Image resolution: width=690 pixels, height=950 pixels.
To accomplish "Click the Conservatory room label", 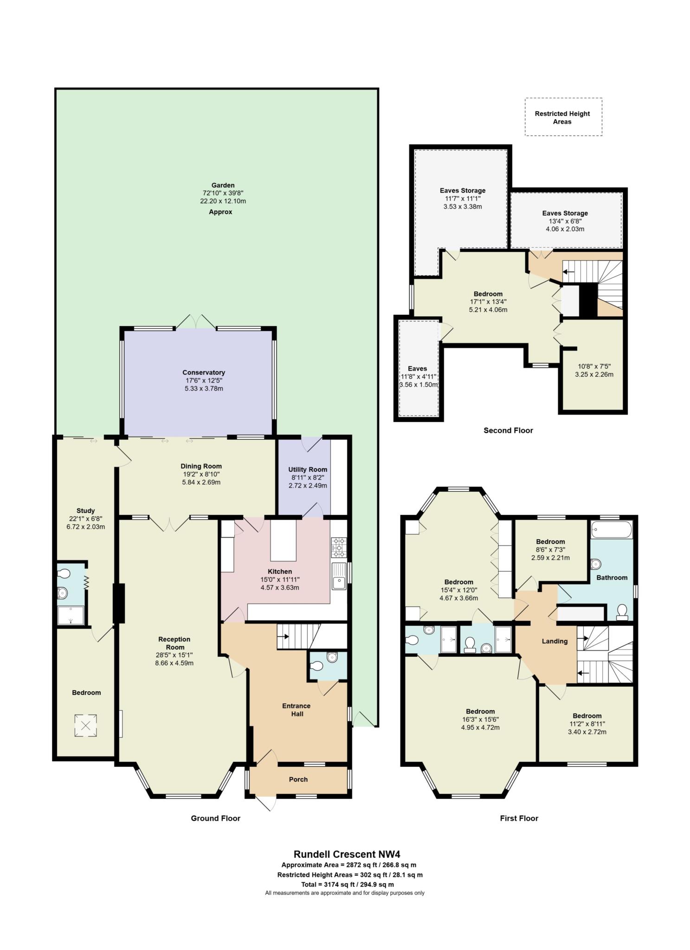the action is coord(204,372).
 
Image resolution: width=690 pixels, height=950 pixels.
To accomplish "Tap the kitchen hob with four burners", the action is coord(338,547).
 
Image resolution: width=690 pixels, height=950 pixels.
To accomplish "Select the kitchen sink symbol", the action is coord(339,576).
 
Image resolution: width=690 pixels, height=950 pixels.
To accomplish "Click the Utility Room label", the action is coord(308,469).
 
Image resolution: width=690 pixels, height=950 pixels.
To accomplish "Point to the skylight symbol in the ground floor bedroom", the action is coord(86,725).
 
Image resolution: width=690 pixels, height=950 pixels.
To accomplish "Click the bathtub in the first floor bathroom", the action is coord(612,529).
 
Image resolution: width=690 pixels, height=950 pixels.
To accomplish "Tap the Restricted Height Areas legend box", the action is coord(563,117).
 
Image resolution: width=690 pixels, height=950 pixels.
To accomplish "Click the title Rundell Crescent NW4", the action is coord(347,854).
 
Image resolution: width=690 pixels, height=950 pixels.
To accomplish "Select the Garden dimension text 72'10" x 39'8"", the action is coord(223,193).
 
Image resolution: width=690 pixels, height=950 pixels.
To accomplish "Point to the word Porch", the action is coord(298,779).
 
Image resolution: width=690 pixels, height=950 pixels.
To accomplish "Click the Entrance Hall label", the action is coord(297,710).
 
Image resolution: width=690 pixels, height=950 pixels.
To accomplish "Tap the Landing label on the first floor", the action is coord(555,641).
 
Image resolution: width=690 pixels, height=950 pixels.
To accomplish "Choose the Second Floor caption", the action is coord(508,430).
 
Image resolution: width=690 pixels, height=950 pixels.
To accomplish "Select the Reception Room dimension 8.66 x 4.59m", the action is coord(174,663).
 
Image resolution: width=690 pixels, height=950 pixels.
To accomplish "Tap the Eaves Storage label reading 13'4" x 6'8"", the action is coord(565,221).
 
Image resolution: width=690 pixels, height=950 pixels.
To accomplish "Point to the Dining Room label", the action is coord(201,466).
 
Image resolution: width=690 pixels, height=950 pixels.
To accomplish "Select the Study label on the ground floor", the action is coord(85,511).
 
